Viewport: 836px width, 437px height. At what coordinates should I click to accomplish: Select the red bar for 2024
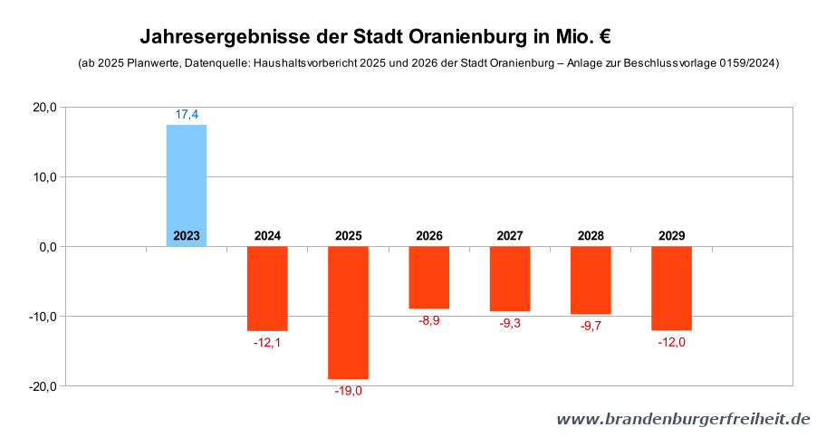click(x=267, y=288)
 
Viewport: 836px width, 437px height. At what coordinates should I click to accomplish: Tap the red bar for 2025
click(x=348, y=312)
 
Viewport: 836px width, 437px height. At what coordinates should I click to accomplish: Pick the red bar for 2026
click(x=428, y=277)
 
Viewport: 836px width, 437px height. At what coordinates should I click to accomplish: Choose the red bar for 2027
click(x=510, y=279)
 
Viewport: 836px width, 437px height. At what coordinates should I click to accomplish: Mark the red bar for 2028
click(x=591, y=280)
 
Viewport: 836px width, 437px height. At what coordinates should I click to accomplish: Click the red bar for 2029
click(x=671, y=288)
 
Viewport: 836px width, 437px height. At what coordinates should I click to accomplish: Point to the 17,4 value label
click(x=187, y=114)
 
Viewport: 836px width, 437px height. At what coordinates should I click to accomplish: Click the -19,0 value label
click(x=348, y=391)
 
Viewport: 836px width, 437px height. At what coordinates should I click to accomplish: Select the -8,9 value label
click(x=428, y=321)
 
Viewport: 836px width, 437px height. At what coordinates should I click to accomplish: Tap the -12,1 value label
click(x=267, y=342)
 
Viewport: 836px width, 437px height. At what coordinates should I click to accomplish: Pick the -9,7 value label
click(x=591, y=326)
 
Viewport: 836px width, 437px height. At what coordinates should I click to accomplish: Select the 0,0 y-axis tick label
click(x=47, y=247)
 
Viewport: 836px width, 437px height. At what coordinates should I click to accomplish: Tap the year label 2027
click(x=510, y=236)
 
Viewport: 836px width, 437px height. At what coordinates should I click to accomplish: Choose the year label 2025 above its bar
click(x=348, y=236)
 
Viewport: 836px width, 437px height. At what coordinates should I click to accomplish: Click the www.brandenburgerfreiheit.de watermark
click(x=683, y=419)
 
